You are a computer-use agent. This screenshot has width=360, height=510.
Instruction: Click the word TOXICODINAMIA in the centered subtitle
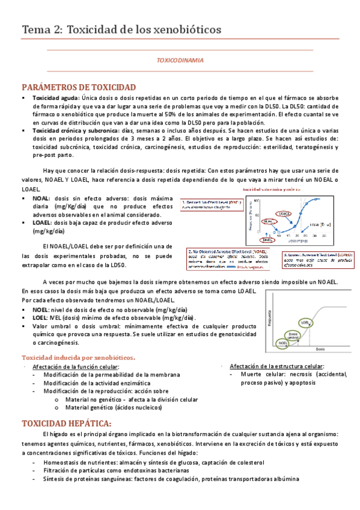click(x=180, y=61)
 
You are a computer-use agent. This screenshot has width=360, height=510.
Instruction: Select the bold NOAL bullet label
click(x=41, y=198)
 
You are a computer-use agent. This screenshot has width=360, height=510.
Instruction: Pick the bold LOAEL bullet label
click(x=43, y=222)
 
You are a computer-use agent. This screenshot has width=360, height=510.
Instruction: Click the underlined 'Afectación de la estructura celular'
click(x=276, y=366)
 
